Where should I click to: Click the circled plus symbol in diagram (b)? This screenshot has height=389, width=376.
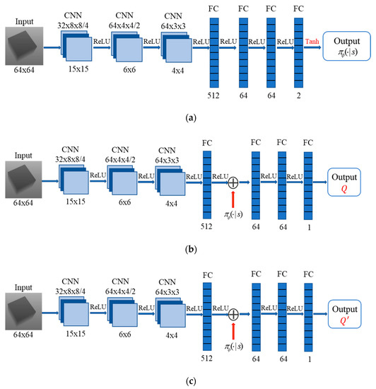tap(233, 182)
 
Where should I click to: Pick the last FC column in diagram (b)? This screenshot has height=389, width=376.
tap(307, 182)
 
